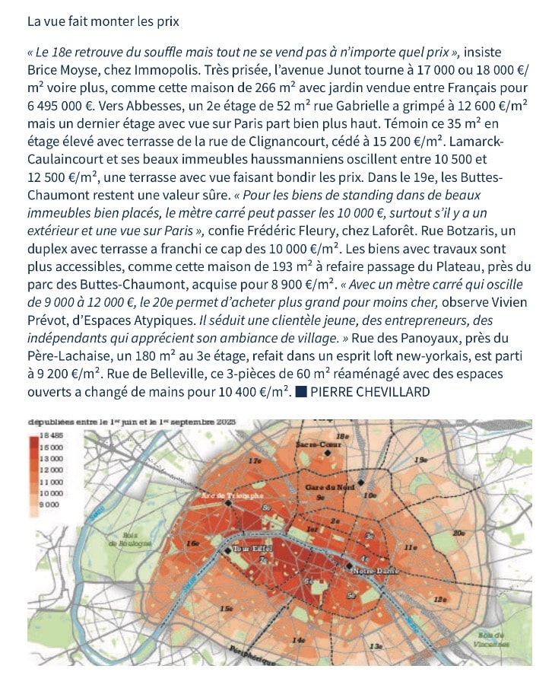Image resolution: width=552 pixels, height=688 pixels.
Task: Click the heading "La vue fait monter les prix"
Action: pyautogui.click(x=103, y=21)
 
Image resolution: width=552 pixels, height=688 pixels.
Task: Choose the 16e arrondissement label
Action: pyautogui.click(x=194, y=543)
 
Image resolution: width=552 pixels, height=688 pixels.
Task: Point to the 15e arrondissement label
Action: pyautogui.click(x=225, y=609)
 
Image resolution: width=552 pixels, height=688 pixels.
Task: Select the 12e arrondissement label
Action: pyautogui.click(x=440, y=600)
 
